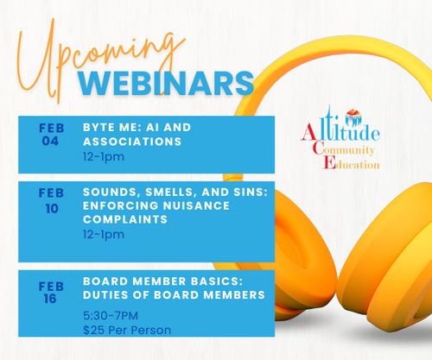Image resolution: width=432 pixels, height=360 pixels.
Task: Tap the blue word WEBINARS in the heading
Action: tap(166, 84)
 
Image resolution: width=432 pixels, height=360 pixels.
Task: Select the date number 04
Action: tap(50, 141)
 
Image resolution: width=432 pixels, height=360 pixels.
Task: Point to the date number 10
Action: tap(52, 209)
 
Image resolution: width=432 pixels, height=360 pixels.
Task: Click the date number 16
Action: tap(50, 299)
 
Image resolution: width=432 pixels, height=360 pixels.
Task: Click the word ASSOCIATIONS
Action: tap(132, 142)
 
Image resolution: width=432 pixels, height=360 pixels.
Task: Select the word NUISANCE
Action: tap(196, 205)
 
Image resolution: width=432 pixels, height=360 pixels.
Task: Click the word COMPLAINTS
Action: tap(125, 219)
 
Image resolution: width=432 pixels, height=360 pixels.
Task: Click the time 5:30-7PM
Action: tap(111, 316)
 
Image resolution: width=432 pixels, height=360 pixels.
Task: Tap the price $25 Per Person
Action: tap(127, 330)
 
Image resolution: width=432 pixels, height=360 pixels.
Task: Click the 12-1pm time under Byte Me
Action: tap(104, 157)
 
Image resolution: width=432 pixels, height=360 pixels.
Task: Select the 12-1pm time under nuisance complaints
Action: tap(104, 235)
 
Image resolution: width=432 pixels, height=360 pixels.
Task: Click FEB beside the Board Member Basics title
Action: tap(51, 287)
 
